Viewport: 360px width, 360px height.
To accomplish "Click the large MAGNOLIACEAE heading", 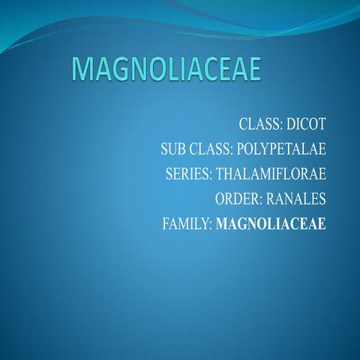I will click(167, 70).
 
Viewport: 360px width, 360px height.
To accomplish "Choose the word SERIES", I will click(187, 174).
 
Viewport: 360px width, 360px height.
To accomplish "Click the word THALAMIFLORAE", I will click(271, 174).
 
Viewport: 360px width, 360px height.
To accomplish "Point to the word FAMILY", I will click(185, 223).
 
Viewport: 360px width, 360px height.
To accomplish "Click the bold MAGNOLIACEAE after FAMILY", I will click(271, 223).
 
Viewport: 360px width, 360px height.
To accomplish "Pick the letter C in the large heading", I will click(209, 70).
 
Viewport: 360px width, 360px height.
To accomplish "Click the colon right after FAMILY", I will click(210, 224).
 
